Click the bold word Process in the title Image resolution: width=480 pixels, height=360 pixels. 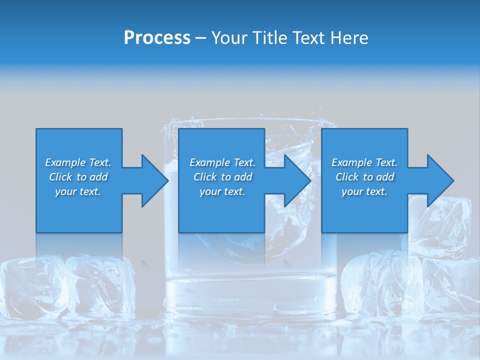157,37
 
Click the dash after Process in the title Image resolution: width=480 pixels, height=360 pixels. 201,38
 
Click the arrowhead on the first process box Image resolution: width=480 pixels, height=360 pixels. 154,180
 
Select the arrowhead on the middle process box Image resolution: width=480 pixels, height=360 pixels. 297,180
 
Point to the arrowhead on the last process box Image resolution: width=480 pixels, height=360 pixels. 440,180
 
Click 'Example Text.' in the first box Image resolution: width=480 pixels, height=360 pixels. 78,162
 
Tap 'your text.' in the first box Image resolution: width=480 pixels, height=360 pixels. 78,191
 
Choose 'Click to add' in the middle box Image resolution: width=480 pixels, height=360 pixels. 222,177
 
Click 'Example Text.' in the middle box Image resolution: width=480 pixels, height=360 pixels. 222,162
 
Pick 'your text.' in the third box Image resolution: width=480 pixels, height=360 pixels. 364,191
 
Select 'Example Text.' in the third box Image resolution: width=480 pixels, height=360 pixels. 364,162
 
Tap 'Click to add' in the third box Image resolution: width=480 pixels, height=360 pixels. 364,177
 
